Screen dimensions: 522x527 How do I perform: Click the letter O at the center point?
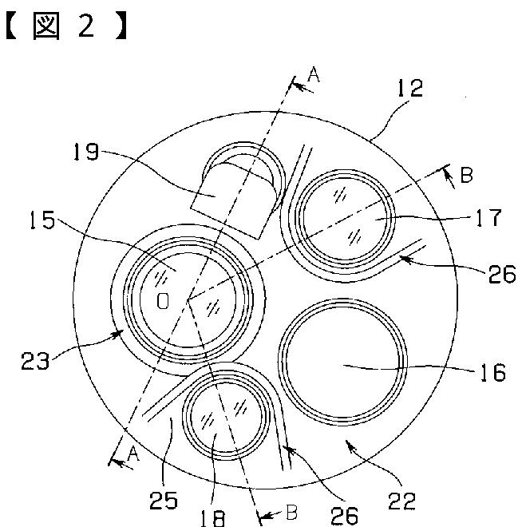coord(163,302)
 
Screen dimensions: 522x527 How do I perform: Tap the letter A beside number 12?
coord(314,75)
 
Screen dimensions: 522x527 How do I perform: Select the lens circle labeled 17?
coord(342,220)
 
